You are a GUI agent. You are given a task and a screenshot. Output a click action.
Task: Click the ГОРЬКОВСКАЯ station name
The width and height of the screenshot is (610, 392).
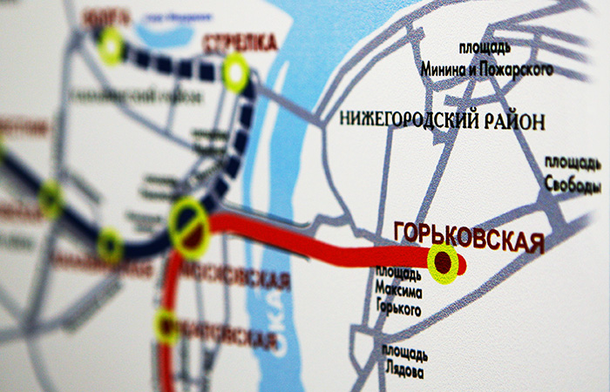pos(469,236)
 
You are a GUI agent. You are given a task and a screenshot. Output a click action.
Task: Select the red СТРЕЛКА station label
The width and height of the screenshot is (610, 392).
pos(239,43)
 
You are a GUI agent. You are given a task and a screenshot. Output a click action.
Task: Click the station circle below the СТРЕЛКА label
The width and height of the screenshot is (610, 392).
pos(235,73)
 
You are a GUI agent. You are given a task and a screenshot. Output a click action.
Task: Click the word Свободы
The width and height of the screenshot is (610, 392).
pos(573,186)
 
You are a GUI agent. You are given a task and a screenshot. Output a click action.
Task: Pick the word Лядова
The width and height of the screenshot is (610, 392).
pos(403,372)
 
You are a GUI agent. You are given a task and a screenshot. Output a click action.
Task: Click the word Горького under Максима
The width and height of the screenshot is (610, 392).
pos(397,310)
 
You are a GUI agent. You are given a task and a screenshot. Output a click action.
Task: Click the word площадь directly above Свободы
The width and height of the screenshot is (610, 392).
pos(572,164)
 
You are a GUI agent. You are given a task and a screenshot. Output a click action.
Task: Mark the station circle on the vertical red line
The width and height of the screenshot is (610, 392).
pos(166,326)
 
